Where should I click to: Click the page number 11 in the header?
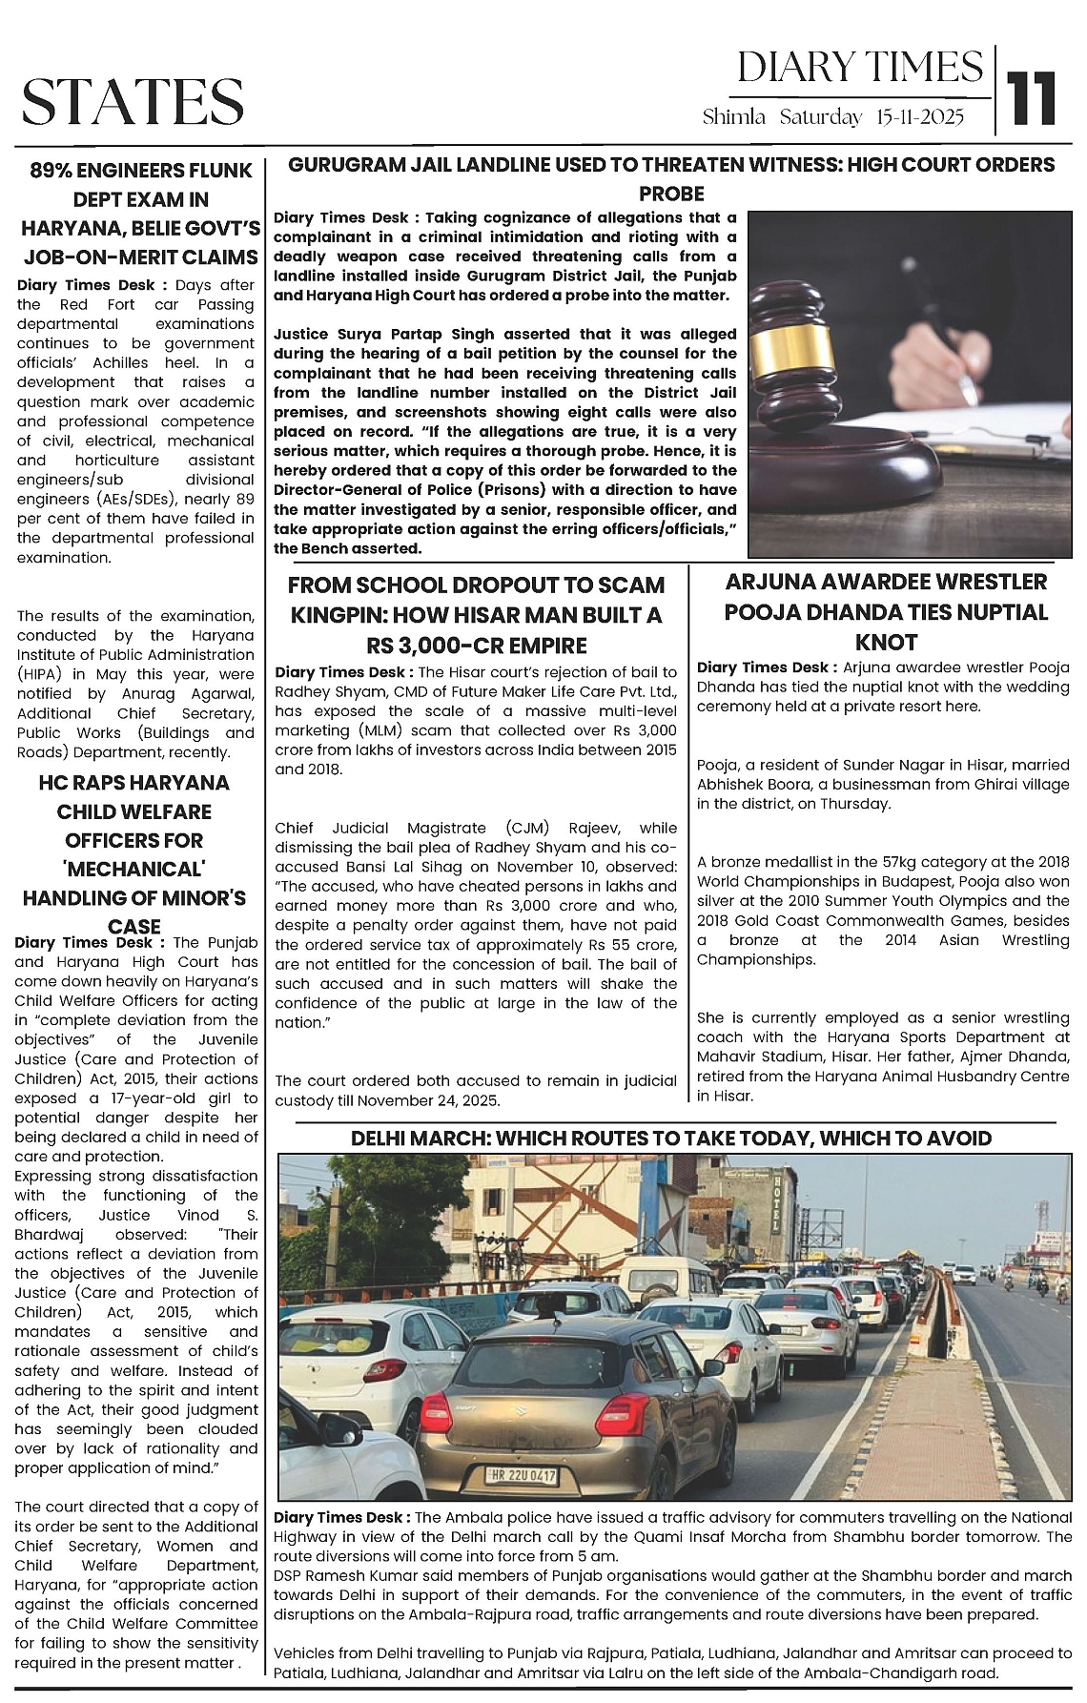1034,98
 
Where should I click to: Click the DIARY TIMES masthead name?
859,67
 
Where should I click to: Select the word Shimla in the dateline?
734,118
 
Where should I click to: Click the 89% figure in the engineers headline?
53,172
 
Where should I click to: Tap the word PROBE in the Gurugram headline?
672,194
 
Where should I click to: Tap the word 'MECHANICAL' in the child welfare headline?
134,870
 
